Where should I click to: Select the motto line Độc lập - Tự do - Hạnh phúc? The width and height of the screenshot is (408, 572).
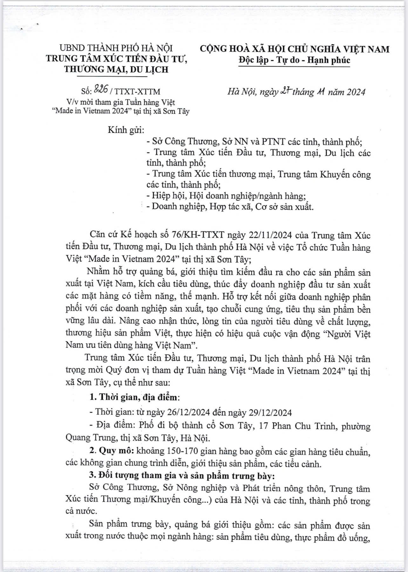coord(294,60)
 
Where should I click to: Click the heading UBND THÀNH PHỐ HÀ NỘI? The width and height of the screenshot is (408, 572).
coord(116,48)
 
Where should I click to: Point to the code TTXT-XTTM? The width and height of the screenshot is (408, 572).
coord(138,92)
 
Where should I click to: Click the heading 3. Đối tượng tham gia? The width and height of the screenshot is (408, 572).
coord(146,475)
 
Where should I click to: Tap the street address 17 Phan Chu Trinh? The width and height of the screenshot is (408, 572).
coord(297,426)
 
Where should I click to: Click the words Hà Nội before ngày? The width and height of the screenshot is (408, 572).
coord(242,92)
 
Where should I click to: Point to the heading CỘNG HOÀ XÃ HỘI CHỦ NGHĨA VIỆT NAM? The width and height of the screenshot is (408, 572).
coord(294,49)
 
